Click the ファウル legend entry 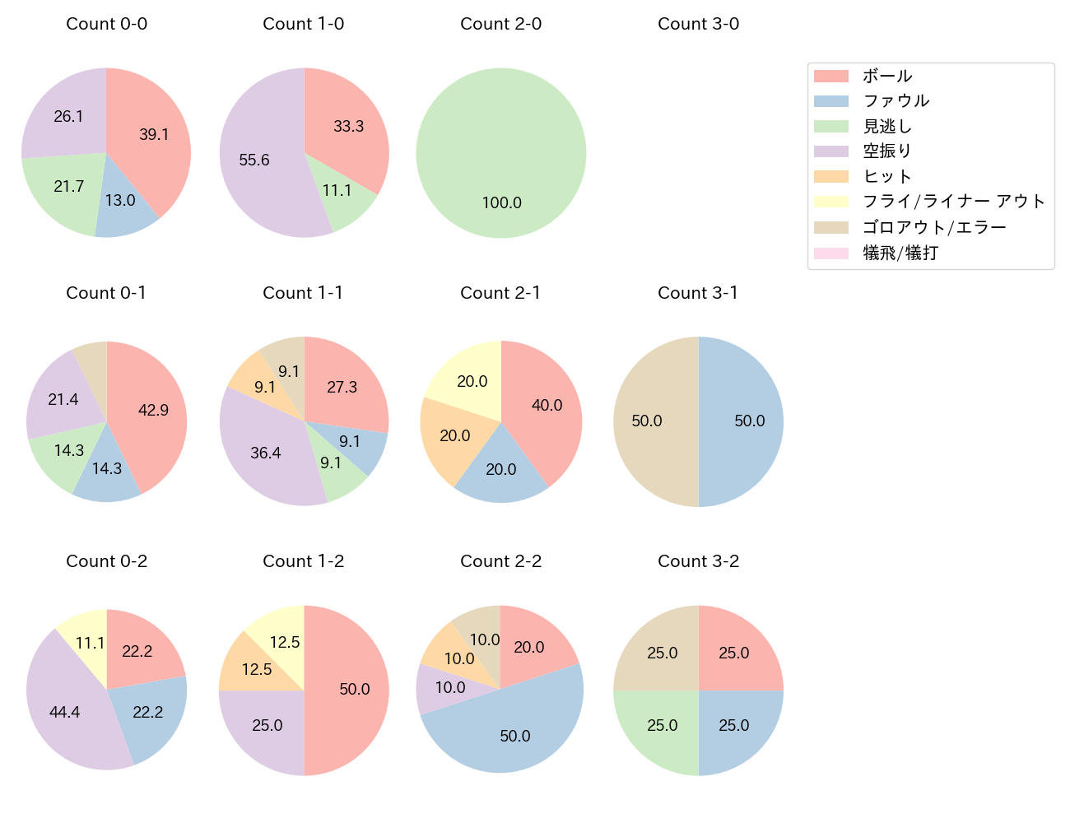point(896,101)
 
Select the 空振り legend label point(886,151)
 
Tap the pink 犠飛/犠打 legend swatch point(830,253)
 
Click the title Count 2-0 point(500,24)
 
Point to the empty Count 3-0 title point(698,24)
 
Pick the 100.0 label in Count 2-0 point(501,202)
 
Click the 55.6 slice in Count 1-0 point(255,160)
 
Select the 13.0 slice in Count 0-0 point(121,201)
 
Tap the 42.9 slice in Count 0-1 point(152,410)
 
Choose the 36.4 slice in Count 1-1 point(265,453)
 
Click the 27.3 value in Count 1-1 point(342,387)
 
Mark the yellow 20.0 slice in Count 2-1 point(472,381)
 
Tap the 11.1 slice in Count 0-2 point(89,643)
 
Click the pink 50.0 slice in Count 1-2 point(354,690)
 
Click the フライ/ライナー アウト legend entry point(953,202)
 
